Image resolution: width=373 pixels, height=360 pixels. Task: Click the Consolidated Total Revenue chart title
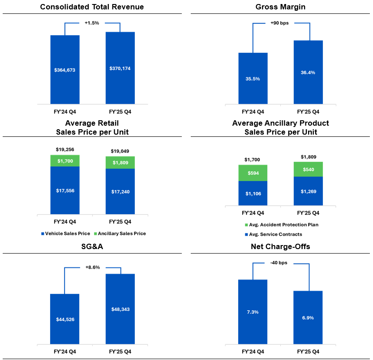coord(92,7)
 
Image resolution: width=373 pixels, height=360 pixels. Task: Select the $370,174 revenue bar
coord(120,68)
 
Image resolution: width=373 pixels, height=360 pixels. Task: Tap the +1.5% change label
coord(92,23)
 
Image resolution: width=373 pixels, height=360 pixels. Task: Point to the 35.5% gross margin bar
coord(253,78)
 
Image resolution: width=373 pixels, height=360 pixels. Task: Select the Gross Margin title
coord(281,7)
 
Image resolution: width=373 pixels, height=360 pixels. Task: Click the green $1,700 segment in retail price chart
coord(64,161)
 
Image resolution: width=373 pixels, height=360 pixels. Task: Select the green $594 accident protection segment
coord(253,173)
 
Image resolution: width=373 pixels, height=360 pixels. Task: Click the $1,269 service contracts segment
coord(308,191)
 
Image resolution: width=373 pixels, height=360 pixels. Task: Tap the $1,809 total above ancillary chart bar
coord(308,157)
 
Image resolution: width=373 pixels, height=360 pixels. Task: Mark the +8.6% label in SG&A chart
coord(92,267)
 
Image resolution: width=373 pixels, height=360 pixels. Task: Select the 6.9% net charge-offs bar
coord(308,317)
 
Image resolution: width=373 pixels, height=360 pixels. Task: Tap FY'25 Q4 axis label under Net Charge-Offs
coord(308,352)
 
